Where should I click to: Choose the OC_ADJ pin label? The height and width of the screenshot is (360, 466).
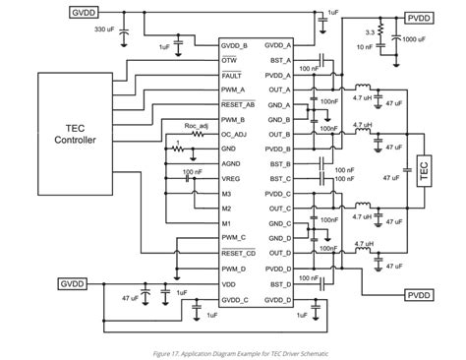click(235, 134)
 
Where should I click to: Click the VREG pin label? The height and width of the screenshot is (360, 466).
click(232, 179)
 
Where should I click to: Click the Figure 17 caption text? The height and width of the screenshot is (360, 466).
click(232, 351)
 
